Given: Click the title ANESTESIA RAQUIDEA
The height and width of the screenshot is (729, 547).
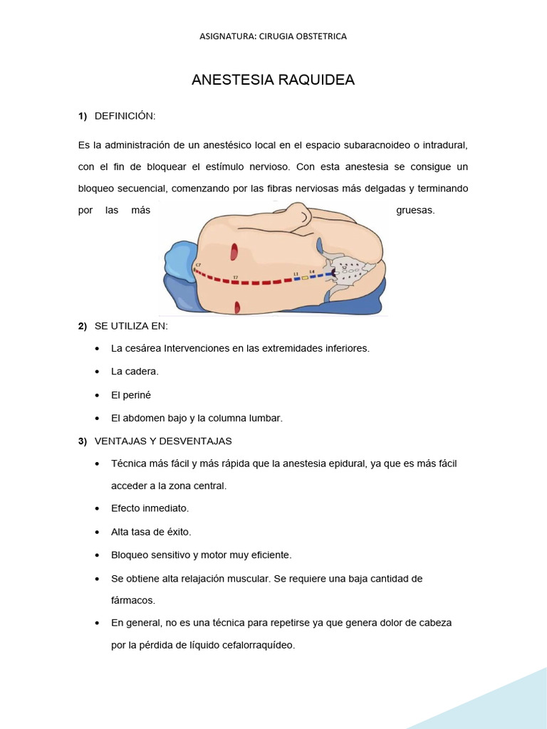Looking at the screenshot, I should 273,80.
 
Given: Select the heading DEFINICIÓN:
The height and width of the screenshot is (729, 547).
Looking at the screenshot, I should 125,116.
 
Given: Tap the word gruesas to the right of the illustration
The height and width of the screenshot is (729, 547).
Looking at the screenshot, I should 415,211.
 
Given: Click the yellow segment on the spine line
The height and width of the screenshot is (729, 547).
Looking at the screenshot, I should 305,277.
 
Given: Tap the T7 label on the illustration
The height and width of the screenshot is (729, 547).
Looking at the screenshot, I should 235,276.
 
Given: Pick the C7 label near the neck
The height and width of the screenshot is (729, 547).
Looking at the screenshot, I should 198,265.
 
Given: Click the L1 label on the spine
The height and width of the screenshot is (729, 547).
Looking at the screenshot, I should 296,273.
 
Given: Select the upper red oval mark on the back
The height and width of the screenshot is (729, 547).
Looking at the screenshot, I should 234,251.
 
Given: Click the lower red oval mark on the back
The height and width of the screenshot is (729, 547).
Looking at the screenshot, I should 236,307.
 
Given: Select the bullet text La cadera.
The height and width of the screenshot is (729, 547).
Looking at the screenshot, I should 135,372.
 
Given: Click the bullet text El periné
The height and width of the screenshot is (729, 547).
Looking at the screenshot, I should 132,394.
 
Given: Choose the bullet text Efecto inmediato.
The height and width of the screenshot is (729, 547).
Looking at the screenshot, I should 150,508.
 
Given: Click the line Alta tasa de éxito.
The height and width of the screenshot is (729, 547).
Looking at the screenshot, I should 151,532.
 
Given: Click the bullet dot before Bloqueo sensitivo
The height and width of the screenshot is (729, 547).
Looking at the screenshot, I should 97,555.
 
